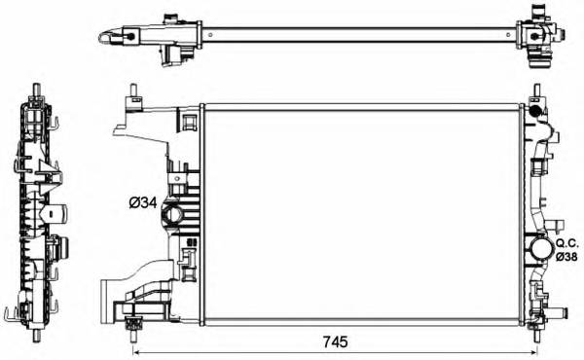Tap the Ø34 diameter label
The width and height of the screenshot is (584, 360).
coord(143,203)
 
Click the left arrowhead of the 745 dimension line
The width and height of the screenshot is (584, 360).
coord(135,351)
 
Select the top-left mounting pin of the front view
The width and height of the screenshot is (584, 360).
coord(131,94)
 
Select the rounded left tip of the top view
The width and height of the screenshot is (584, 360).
coord(101,38)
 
